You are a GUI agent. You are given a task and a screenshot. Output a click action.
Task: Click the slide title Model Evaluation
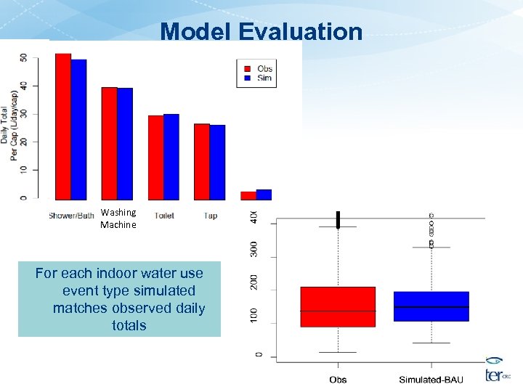coord(261,31)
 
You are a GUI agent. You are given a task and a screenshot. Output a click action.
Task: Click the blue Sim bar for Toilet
coord(171,156)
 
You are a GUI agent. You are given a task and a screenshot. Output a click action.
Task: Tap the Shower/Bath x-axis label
coord(71,216)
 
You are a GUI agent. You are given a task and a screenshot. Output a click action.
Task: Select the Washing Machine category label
coord(118,219)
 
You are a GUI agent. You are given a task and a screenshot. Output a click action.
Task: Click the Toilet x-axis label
coord(164,216)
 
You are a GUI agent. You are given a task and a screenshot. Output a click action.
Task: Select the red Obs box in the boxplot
coord(338,306)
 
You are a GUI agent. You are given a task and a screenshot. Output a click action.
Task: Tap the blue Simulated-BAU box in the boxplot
coord(431,306)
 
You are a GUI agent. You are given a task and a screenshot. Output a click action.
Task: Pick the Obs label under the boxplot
coord(338,380)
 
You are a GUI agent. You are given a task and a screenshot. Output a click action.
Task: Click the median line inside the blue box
coord(431,307)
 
